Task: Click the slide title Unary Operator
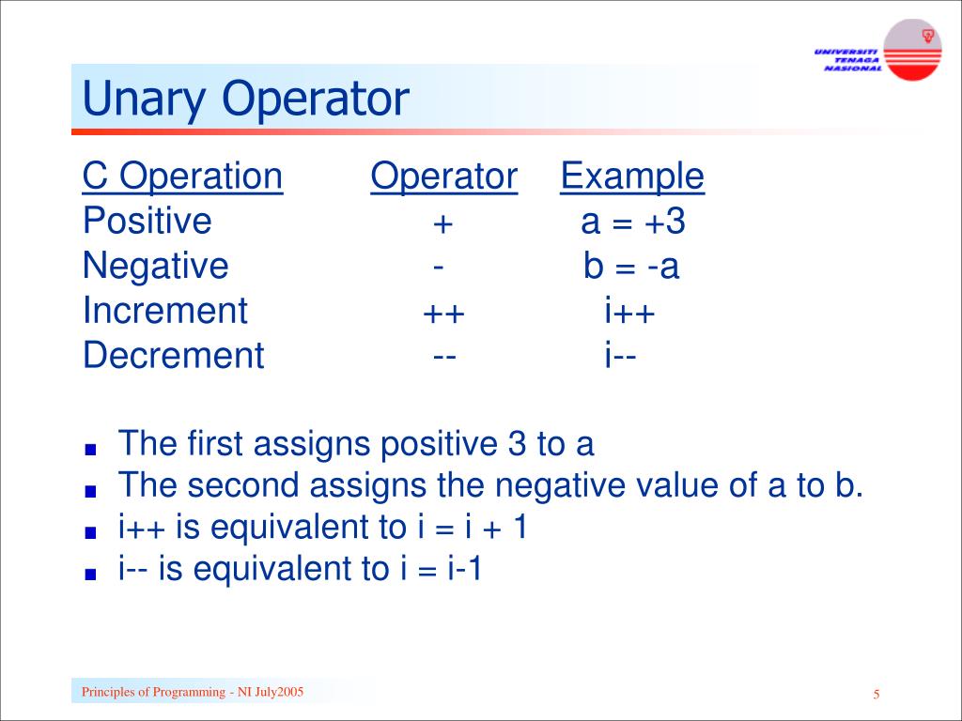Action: (245, 99)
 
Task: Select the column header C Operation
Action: (182, 176)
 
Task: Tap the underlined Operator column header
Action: (443, 176)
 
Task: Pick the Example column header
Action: (631, 176)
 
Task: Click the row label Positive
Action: (147, 222)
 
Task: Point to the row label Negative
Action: (155, 267)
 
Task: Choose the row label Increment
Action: (164, 311)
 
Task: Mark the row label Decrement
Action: (173, 356)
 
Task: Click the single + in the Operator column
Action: (442, 224)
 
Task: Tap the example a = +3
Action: (633, 222)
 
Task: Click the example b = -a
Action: (630, 268)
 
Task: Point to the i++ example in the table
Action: (629, 312)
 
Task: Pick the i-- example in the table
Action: (621, 356)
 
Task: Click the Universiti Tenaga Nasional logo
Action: (877, 51)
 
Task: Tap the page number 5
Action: (876, 695)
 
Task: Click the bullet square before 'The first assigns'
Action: (90, 449)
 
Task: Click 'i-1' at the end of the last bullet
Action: (464, 570)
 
